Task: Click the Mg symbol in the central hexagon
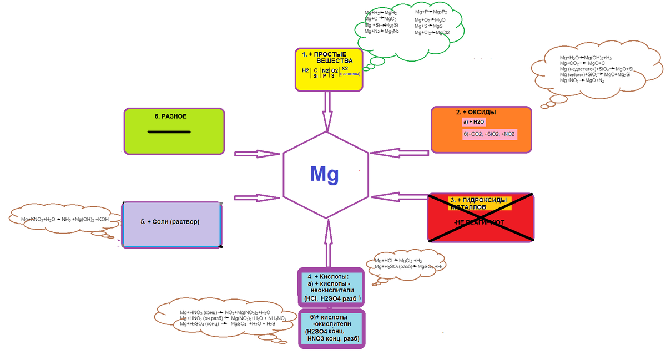[x=324, y=174]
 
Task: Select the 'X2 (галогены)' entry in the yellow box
[x=350, y=71]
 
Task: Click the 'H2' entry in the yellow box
[x=305, y=71]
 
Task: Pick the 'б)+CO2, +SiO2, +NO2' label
[x=489, y=135]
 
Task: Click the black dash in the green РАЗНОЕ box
[x=169, y=132]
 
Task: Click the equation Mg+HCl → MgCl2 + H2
[x=398, y=260]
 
